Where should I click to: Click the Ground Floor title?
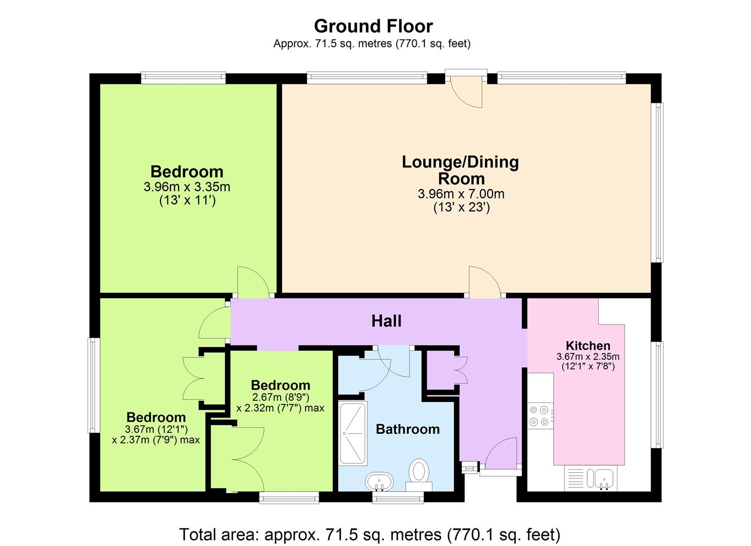click(x=373, y=26)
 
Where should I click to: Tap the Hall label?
click(x=386, y=321)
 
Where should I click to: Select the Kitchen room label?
click(x=588, y=346)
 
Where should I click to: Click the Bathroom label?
click(x=408, y=429)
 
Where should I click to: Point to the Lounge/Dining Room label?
click(x=461, y=170)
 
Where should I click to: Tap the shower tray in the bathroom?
click(x=352, y=433)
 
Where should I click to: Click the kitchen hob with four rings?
click(x=540, y=416)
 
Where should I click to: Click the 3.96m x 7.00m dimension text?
click(x=461, y=194)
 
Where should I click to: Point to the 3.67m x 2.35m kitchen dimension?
click(x=588, y=356)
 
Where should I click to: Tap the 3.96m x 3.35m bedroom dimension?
click(x=187, y=187)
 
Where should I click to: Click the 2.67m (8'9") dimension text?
click(x=280, y=397)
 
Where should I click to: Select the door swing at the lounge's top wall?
click(x=466, y=92)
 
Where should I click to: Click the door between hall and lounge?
click(x=485, y=282)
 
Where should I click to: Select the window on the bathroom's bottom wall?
click(x=398, y=498)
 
